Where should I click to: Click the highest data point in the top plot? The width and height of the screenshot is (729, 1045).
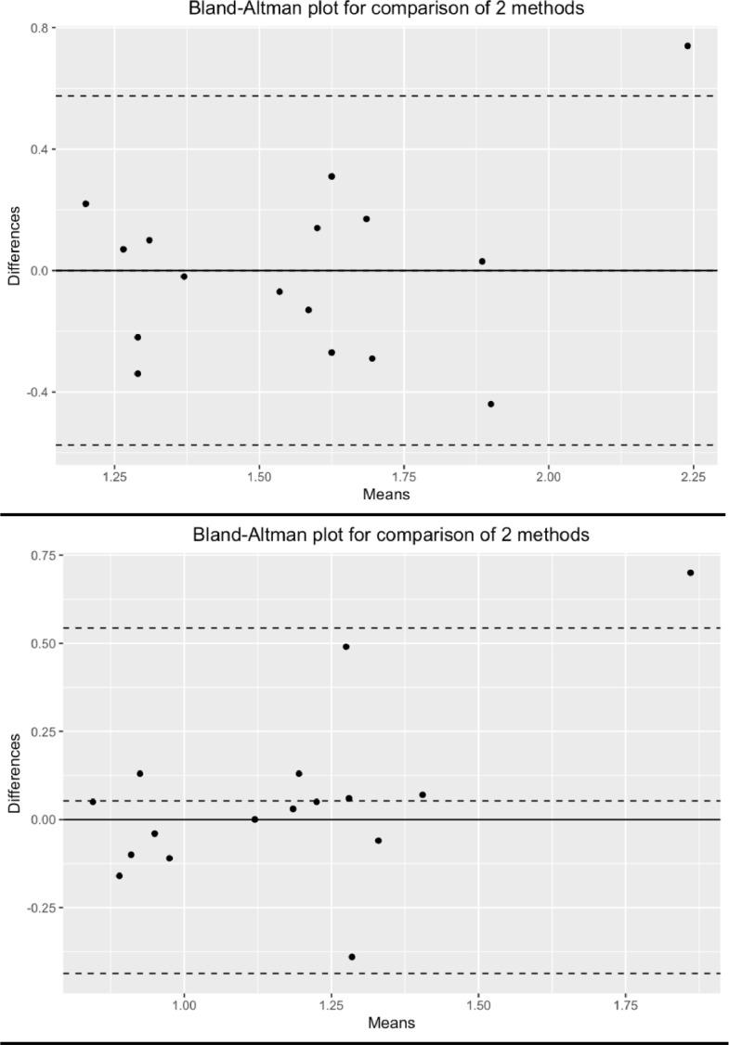687,45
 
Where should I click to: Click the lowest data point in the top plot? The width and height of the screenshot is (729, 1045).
490,404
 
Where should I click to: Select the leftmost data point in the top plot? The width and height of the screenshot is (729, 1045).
85,203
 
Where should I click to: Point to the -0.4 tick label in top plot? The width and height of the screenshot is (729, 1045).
37,392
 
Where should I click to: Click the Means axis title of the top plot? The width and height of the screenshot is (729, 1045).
386,494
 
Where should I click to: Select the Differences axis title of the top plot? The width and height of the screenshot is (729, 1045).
14,245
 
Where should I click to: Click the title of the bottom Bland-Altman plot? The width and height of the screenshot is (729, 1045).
390,535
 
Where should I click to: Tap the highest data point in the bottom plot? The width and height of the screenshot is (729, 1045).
690,573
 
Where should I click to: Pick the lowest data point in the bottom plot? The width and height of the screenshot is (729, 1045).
351,957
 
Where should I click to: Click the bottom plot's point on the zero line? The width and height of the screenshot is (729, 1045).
254,819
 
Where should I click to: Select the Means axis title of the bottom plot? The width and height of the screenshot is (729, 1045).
391,1023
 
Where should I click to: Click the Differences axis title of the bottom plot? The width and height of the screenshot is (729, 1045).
14,773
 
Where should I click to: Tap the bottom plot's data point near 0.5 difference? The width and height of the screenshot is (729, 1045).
345,647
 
